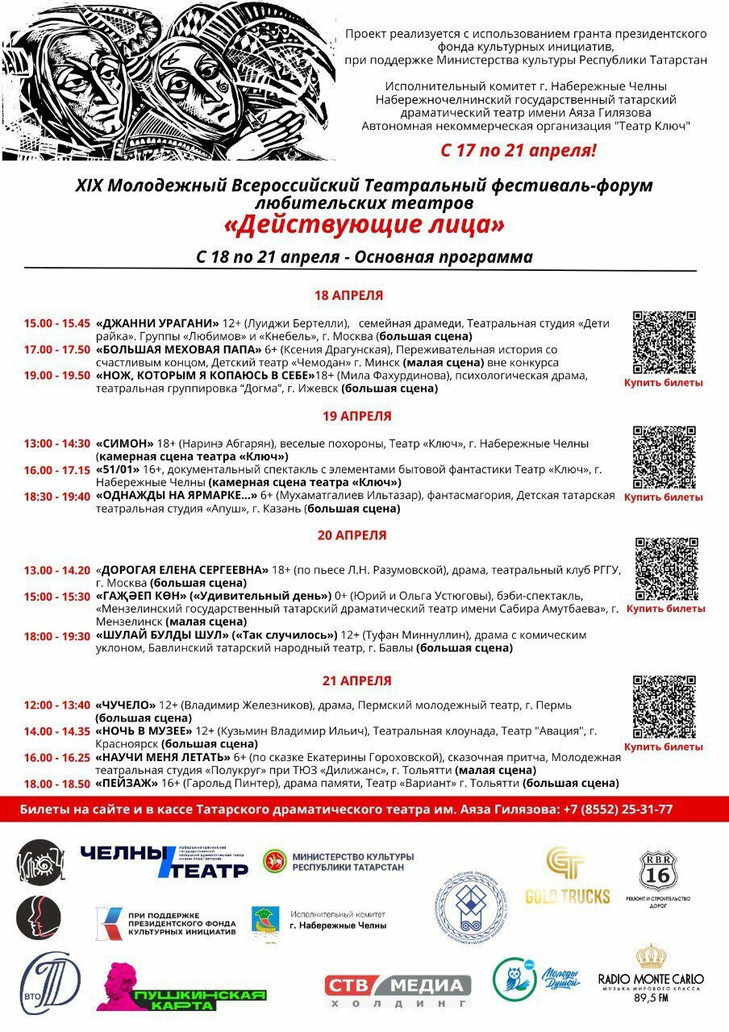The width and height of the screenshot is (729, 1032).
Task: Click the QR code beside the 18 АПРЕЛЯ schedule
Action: pyautogui.click(x=664, y=343)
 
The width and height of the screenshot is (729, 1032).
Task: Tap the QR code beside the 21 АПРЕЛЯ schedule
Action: pyautogui.click(x=664, y=707)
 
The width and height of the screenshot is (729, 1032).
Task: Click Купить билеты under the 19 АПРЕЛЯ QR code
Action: pyautogui.click(x=663, y=497)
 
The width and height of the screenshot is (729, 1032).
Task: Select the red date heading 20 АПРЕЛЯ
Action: pyautogui.click(x=352, y=535)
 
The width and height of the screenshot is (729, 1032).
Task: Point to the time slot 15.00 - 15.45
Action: pyautogui.click(x=56, y=323)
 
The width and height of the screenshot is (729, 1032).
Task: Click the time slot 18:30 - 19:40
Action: pyautogui.click(x=56, y=497)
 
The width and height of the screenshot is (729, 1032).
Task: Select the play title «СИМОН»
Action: pyautogui.click(x=125, y=443)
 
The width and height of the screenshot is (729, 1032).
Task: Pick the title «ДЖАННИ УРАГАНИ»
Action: pyautogui.click(x=157, y=323)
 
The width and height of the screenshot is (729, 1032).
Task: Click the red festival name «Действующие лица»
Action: pyautogui.click(x=364, y=224)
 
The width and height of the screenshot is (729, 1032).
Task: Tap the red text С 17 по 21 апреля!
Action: pyautogui.click(x=519, y=150)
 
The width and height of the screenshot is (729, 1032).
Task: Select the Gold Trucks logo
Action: pyautogui.click(x=568, y=876)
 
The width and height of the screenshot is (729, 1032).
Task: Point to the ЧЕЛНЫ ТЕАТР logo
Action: pyautogui.click(x=165, y=862)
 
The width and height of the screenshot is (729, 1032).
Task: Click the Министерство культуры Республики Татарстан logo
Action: pyautogui.click(x=339, y=861)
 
